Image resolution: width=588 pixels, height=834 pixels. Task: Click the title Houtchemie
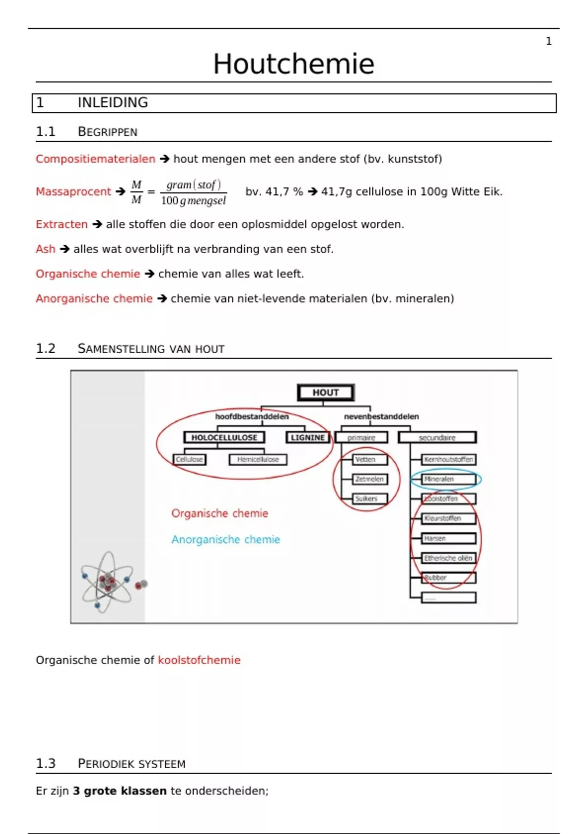click(x=294, y=64)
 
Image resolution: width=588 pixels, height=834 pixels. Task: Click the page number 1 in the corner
click(x=549, y=41)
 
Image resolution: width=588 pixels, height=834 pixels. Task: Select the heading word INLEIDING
click(x=113, y=103)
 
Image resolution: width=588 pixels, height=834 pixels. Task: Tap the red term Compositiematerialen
click(x=95, y=159)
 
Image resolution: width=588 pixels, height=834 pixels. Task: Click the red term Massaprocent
click(x=73, y=192)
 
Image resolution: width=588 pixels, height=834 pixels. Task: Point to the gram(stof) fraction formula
click(x=194, y=192)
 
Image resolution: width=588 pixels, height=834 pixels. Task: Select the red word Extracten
click(x=62, y=224)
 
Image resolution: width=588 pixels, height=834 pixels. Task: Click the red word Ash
click(x=46, y=249)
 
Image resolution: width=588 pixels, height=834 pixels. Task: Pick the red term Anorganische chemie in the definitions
click(x=94, y=299)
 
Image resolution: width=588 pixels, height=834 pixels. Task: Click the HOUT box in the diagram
click(x=326, y=392)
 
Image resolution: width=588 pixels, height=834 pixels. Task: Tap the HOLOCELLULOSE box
click(x=224, y=438)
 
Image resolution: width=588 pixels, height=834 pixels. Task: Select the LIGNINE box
click(x=308, y=438)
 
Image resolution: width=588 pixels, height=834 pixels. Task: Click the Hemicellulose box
click(x=258, y=460)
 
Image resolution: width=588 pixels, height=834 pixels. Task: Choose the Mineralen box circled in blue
click(x=448, y=479)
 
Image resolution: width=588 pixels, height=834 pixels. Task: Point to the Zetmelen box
click(x=370, y=479)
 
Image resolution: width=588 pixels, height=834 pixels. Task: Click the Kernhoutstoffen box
click(x=448, y=460)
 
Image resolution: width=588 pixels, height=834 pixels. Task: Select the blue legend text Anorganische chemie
click(x=225, y=540)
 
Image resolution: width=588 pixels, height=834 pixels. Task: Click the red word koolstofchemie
click(x=199, y=660)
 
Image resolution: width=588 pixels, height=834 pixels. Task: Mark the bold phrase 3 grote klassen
click(x=120, y=791)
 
